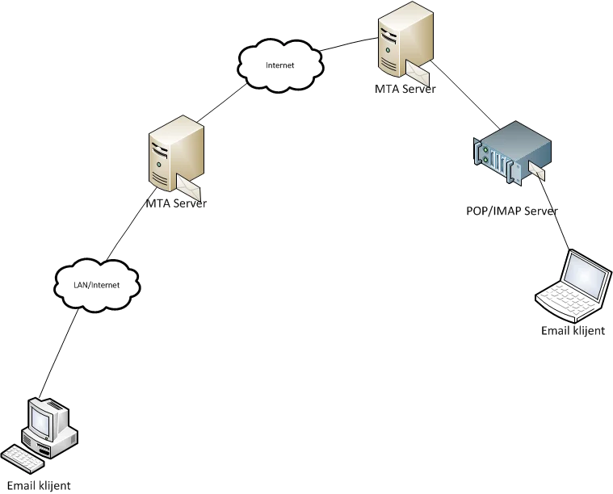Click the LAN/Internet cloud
click(x=97, y=284)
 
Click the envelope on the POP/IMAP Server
click(x=536, y=172)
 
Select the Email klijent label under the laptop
click(x=573, y=330)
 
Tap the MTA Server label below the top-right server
click(x=406, y=90)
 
